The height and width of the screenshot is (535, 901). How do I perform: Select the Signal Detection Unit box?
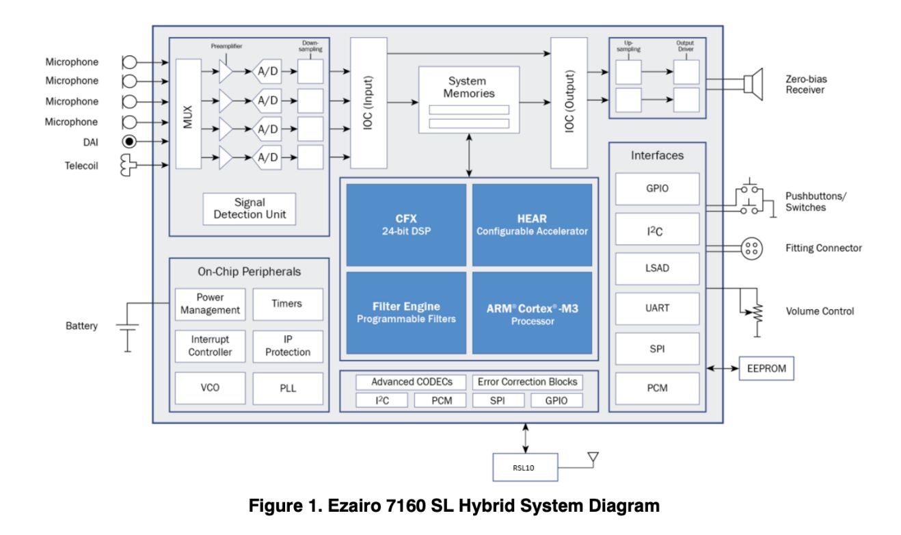[x=250, y=209]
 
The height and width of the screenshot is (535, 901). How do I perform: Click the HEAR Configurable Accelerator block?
[x=532, y=224]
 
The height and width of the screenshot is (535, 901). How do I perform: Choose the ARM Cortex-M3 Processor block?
[x=532, y=313]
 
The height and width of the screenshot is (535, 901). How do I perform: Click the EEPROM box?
[x=767, y=369]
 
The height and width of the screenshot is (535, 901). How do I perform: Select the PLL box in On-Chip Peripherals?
[x=288, y=387]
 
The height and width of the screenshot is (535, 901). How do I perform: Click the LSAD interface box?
[x=657, y=268]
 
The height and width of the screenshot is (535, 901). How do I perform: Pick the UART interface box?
[x=657, y=309]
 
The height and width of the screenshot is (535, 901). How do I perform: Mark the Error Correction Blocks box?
[x=526, y=382]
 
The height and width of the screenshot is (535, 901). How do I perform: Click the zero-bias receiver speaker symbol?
[x=753, y=84]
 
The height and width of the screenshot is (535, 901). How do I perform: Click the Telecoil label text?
[x=81, y=165]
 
